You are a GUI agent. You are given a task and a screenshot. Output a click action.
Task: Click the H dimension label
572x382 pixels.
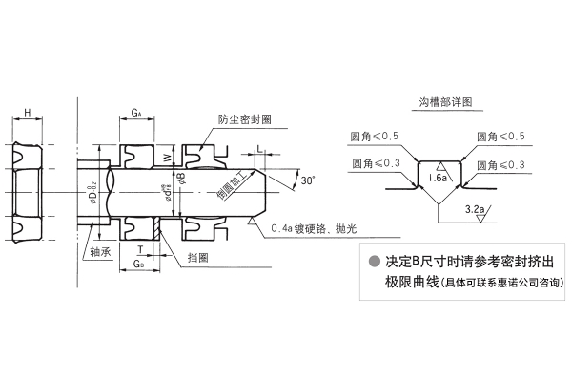click(27, 114)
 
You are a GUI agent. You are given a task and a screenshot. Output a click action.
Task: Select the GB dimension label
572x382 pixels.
click(139, 262)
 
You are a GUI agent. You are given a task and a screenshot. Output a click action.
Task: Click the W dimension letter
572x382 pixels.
click(167, 158)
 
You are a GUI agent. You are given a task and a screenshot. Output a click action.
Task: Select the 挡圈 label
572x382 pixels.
click(199, 256)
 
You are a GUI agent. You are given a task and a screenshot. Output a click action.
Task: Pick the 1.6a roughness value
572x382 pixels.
click(438, 178)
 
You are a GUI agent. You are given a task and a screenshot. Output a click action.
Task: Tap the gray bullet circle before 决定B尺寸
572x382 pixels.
click(374, 262)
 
